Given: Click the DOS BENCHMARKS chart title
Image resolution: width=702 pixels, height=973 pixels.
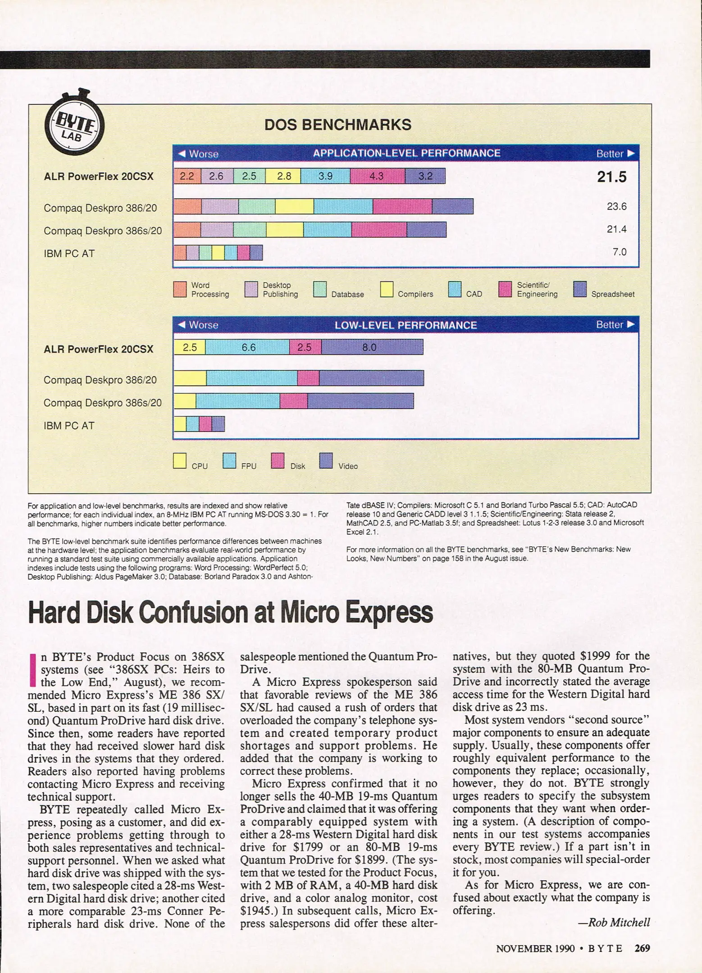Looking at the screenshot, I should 337,125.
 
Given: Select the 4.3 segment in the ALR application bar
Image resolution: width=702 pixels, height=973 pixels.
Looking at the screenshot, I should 377,176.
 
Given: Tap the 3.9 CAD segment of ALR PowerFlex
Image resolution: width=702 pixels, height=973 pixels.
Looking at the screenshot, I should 325,176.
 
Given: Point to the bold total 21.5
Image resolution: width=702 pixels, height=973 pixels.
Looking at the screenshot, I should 611,177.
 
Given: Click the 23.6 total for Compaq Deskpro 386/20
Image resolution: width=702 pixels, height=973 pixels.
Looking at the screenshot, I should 616,206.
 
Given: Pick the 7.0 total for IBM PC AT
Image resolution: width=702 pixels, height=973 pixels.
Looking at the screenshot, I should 619,252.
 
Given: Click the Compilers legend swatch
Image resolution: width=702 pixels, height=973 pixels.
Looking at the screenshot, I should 387,289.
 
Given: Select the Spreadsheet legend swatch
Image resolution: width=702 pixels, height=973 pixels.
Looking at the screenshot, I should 580,289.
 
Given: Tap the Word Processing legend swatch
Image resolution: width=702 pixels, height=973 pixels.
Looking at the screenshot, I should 180,289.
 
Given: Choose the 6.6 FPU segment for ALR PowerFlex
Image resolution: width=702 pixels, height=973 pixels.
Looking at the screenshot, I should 248,347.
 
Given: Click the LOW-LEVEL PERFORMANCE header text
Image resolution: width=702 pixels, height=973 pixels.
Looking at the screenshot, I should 406,325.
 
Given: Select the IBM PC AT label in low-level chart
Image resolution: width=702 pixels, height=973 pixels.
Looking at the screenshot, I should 69,426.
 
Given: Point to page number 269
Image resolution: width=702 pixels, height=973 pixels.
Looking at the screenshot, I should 642,948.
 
